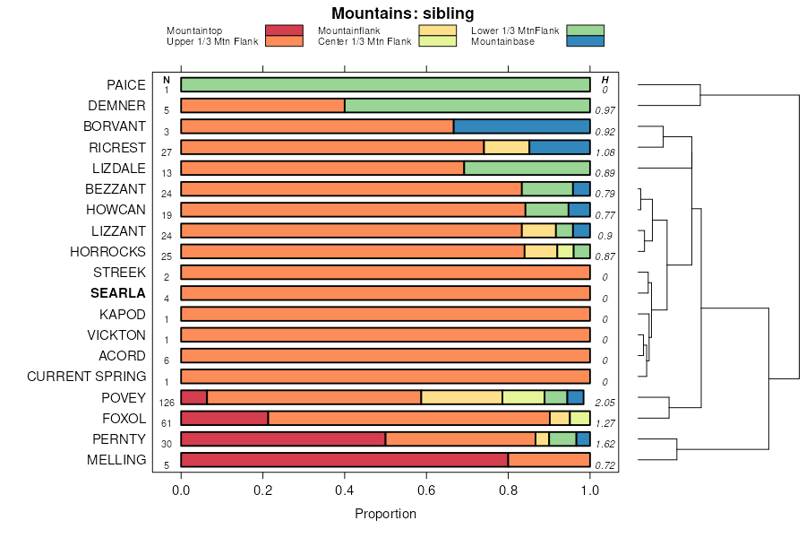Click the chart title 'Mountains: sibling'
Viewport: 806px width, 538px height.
pyautogui.click(x=402, y=13)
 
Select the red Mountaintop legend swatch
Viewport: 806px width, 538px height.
pyautogui.click(x=285, y=30)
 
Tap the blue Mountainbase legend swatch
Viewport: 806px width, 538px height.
pyautogui.click(x=586, y=40)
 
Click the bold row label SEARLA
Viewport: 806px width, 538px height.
pyautogui.click(x=117, y=293)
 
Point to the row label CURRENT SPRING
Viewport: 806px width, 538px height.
pyautogui.click(x=86, y=376)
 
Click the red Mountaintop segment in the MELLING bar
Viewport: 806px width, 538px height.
pyautogui.click(x=344, y=459)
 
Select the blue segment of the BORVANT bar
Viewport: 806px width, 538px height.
pyautogui.click(x=521, y=126)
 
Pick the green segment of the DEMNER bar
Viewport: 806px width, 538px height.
pyautogui.click(x=467, y=106)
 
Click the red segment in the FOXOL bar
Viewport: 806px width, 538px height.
pyautogui.click(x=224, y=418)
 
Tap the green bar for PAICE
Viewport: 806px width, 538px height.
pyautogui.click(x=385, y=85)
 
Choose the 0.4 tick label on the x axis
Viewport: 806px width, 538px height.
pyautogui.click(x=345, y=490)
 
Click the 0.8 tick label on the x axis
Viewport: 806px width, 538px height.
pyautogui.click(x=509, y=490)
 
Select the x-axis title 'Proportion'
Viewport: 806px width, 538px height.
pyautogui.click(x=385, y=514)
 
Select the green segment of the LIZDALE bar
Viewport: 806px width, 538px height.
pyautogui.click(x=527, y=168)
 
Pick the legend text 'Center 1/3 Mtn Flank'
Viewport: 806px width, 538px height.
pyautogui.click(x=365, y=40)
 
